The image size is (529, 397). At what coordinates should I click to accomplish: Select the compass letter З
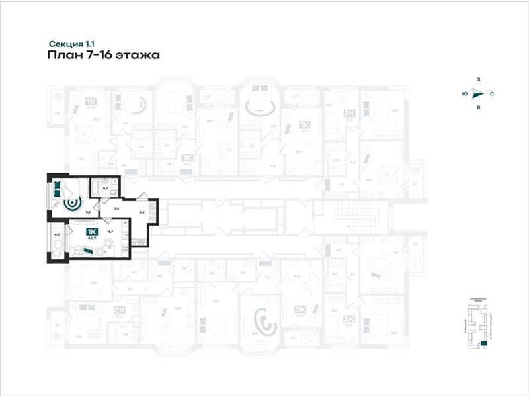click(478, 81)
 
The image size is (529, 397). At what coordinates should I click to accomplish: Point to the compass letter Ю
click(465, 94)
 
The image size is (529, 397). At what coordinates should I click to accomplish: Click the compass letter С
click(492, 94)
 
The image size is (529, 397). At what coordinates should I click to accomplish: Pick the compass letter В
click(478, 107)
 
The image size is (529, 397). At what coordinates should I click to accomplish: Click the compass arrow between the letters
click(479, 94)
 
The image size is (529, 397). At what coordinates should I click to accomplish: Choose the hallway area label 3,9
click(116, 208)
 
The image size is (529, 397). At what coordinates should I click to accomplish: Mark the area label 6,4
click(142, 212)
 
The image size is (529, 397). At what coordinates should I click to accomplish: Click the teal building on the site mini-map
click(483, 343)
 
